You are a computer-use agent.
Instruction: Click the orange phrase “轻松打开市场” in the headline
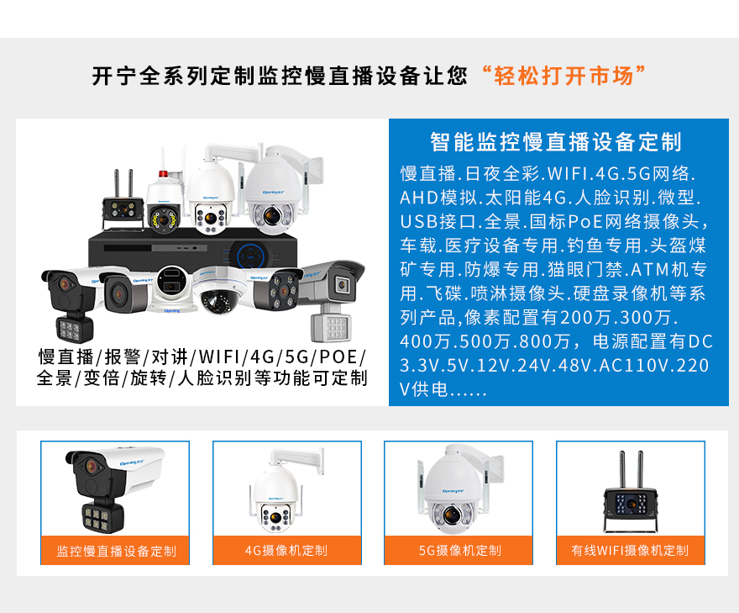[x=563, y=76]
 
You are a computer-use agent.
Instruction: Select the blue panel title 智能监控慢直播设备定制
[x=556, y=142]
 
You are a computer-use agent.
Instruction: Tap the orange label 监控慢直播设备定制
[x=117, y=551]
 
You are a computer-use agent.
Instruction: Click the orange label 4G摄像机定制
[x=286, y=550]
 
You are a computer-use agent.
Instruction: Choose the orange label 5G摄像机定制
[x=459, y=550]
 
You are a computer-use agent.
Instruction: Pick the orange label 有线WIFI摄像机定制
[x=630, y=550]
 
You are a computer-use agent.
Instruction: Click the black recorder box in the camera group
[x=193, y=249]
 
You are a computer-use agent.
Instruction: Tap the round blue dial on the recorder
[x=251, y=256]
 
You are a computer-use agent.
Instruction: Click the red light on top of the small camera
[x=163, y=174]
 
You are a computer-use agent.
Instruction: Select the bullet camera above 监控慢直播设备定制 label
[x=115, y=489]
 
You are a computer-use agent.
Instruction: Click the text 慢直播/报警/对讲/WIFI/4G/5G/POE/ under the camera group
[x=202, y=357]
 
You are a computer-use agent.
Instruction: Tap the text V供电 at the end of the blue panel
[x=424, y=389]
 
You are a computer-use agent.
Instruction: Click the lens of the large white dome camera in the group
[x=272, y=215]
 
